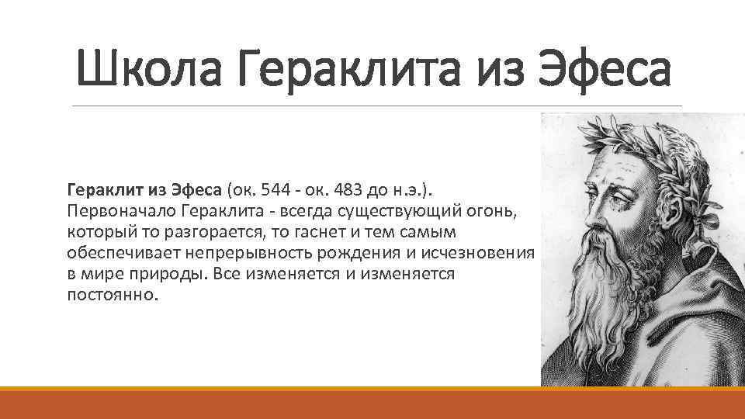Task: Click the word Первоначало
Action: [x=123, y=210]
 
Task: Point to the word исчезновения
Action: [x=483, y=253]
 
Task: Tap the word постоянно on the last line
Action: [x=113, y=296]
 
